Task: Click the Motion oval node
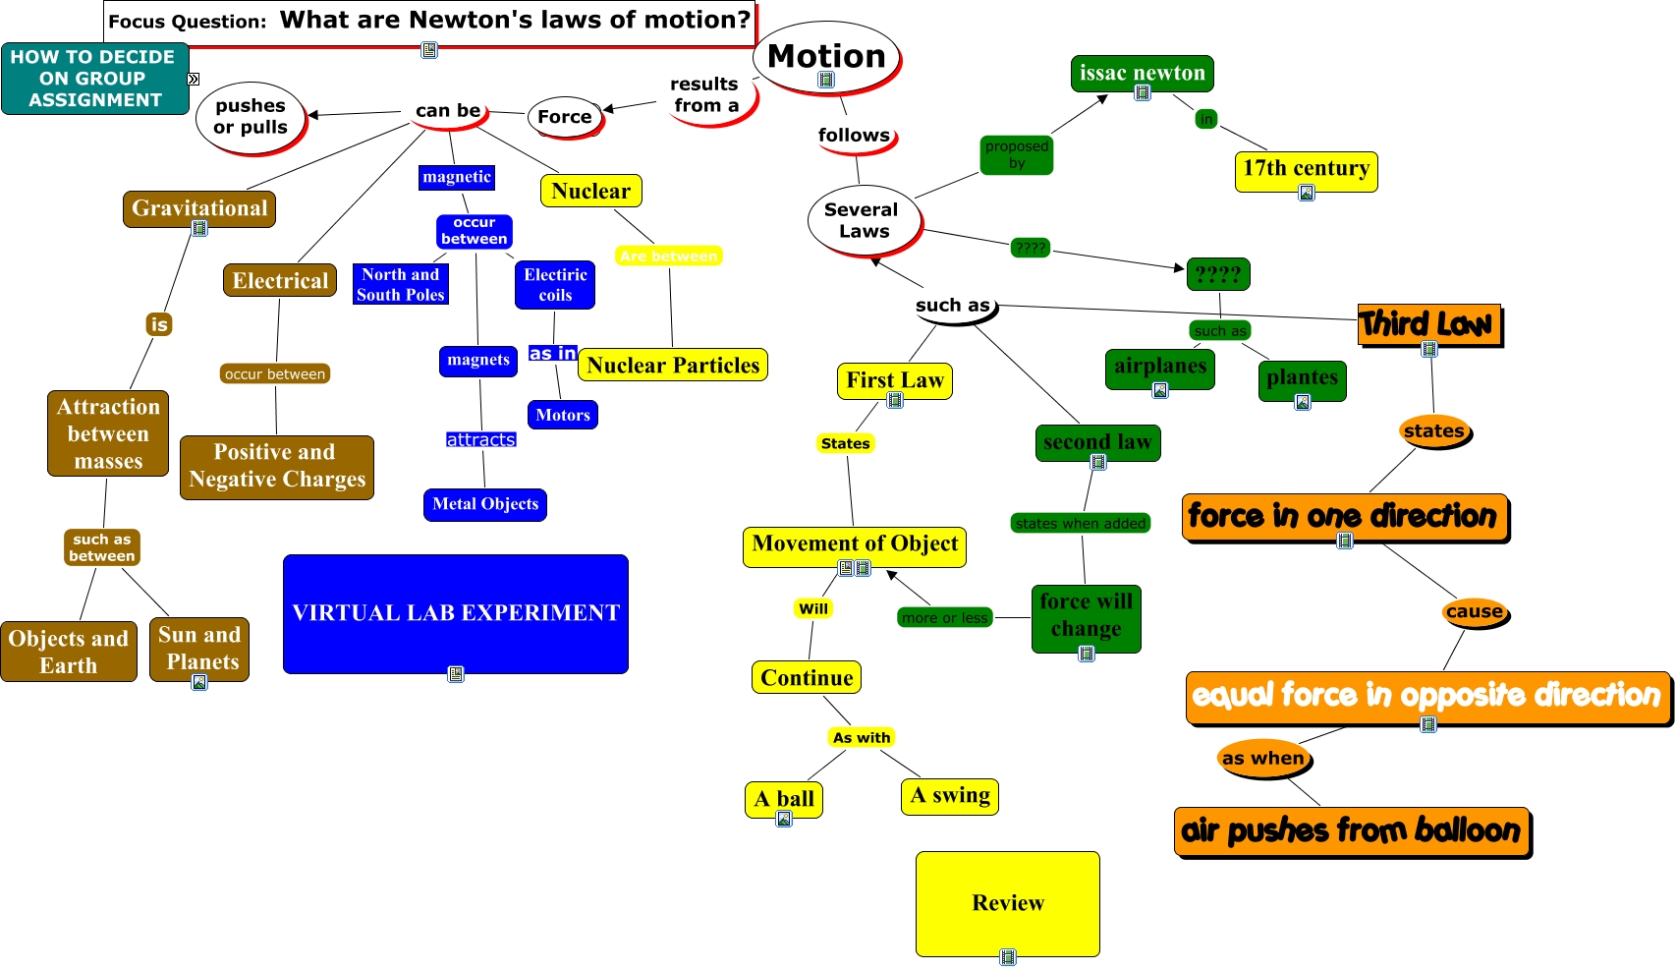coord(826,56)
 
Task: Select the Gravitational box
coord(199,208)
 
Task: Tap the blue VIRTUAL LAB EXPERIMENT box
coord(456,613)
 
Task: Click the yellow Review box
coord(1007,902)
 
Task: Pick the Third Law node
coord(1429,323)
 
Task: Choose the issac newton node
coord(1142,73)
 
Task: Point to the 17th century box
coord(1306,169)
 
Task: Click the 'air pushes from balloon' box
coord(1352,830)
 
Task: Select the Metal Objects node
coord(485,504)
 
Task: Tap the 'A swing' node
coord(949,795)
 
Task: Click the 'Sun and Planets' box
coord(199,648)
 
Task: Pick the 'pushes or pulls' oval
coord(251,117)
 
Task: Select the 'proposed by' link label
coord(1017,154)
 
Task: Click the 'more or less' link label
coord(945,618)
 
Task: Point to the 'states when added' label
coord(1081,524)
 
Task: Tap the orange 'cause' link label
coord(1474,611)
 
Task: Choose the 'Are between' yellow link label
coord(669,257)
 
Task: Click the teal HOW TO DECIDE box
coord(94,79)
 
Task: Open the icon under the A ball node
coord(784,819)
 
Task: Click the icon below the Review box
coord(1008,957)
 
